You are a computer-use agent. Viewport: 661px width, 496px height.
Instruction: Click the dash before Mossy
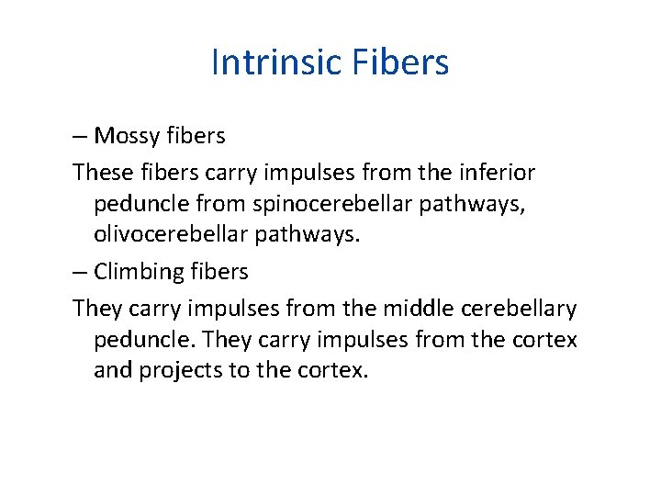pyautogui.click(x=80, y=137)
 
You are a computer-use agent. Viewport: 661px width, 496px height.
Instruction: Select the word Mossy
pyautogui.click(x=126, y=137)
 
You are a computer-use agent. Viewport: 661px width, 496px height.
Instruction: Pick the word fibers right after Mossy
pyautogui.click(x=196, y=137)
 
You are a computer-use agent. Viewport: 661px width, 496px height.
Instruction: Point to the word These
pyautogui.click(x=101, y=172)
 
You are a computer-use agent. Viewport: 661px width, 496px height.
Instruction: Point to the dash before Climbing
pyautogui.click(x=80, y=272)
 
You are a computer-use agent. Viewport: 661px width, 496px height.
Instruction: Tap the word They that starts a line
pyautogui.click(x=95, y=307)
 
